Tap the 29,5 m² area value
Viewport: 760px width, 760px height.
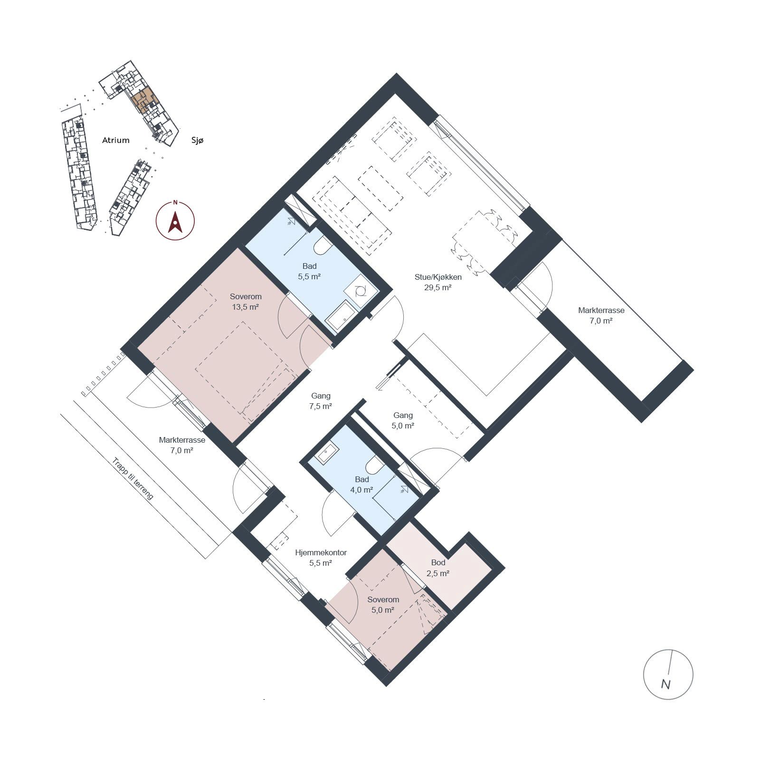[438, 287]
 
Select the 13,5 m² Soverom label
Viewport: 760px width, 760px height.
[246, 302]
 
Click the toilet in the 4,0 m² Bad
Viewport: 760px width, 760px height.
[375, 465]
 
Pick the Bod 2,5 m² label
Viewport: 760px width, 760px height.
[438, 568]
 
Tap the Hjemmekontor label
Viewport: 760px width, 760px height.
[321, 552]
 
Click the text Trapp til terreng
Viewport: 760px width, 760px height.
[133, 478]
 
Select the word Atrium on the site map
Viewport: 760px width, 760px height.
[116, 140]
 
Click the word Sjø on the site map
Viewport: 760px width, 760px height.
[197, 141]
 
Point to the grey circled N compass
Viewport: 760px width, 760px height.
[668, 674]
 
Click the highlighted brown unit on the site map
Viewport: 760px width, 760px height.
[145, 100]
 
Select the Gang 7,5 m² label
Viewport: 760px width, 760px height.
[321, 401]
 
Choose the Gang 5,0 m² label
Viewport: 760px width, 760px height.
[403, 421]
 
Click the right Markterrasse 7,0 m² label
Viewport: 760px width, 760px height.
[601, 315]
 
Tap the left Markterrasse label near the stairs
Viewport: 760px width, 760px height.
[182, 440]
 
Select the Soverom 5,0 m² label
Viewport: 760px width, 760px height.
[383, 605]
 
